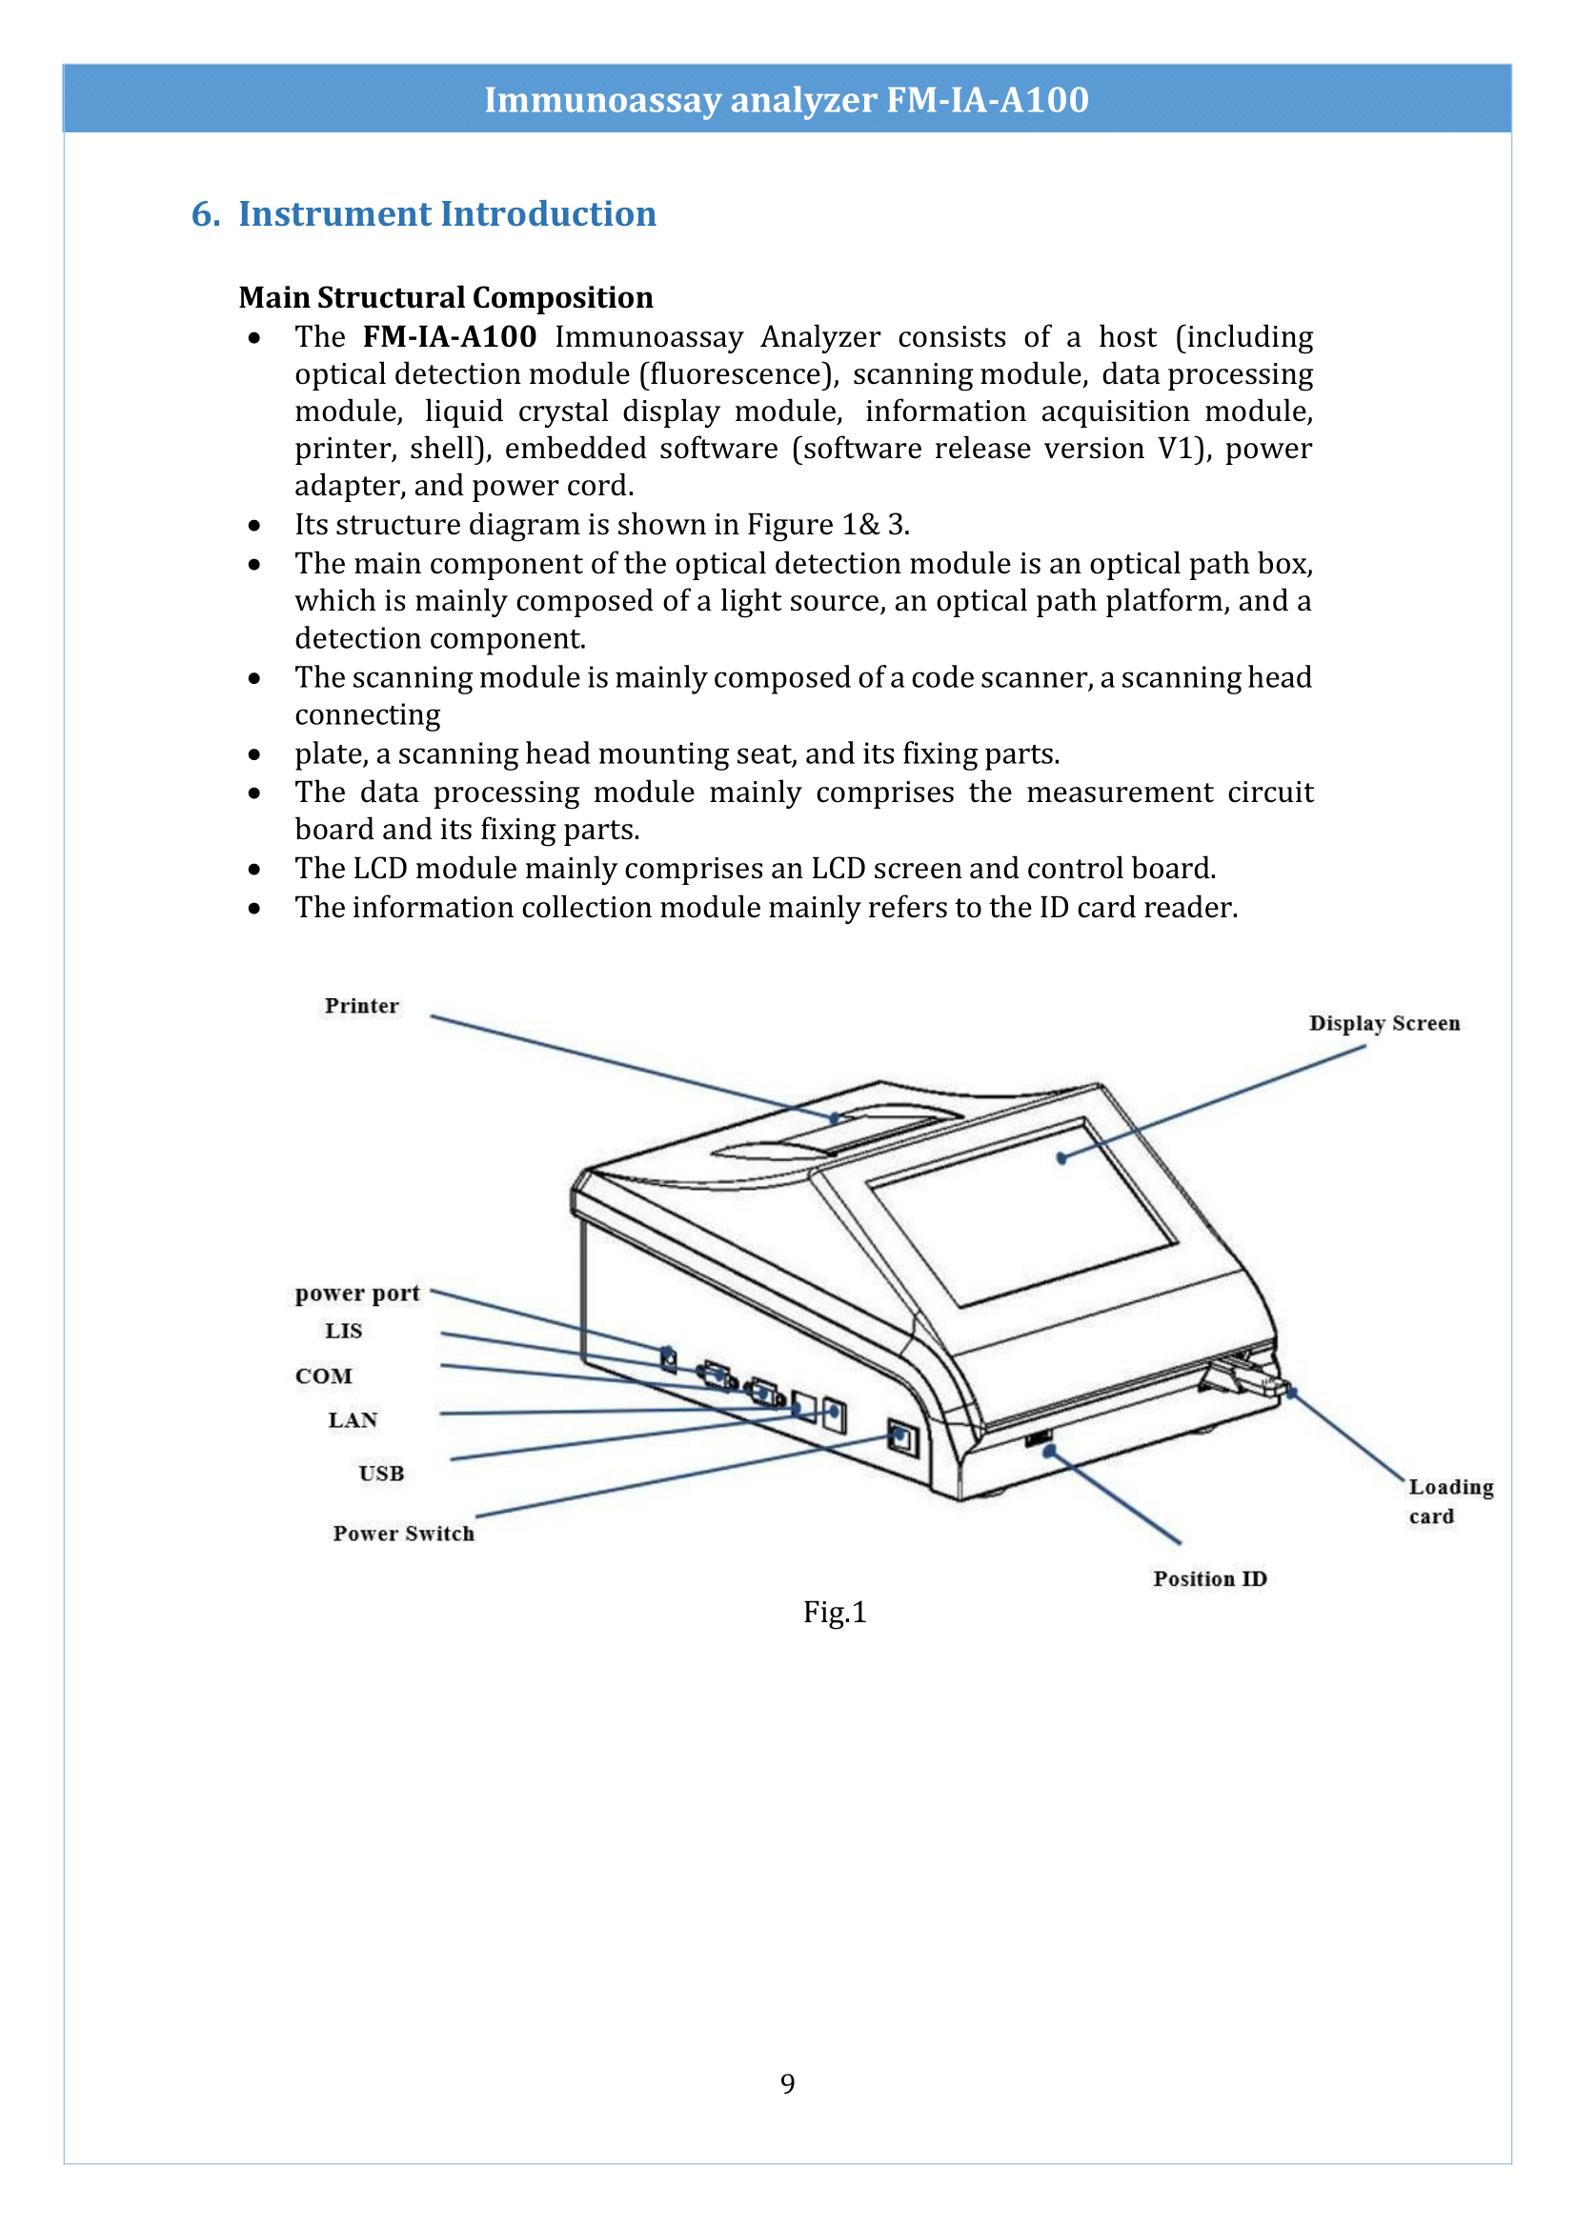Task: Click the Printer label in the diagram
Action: pyautogui.click(x=361, y=1005)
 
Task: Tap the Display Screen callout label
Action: pyautogui.click(x=1383, y=1023)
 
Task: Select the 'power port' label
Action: pyautogui.click(x=357, y=1293)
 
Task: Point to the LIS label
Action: pyautogui.click(x=344, y=1331)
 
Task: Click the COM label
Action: pyautogui.click(x=323, y=1376)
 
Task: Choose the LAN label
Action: pyautogui.click(x=353, y=1419)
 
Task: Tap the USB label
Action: pyautogui.click(x=380, y=1473)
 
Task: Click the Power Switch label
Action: pyautogui.click(x=404, y=1534)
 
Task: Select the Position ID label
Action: pyautogui.click(x=1209, y=1578)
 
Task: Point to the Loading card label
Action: pyautogui.click(x=1450, y=1501)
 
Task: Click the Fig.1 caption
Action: pyautogui.click(x=834, y=1613)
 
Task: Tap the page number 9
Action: pyautogui.click(x=787, y=2083)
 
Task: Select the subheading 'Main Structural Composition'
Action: pyautogui.click(x=445, y=297)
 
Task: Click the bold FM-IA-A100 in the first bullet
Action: pyautogui.click(x=450, y=336)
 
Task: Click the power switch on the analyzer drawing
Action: pyautogui.click(x=901, y=1437)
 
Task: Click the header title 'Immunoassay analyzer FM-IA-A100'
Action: pyautogui.click(x=786, y=99)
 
